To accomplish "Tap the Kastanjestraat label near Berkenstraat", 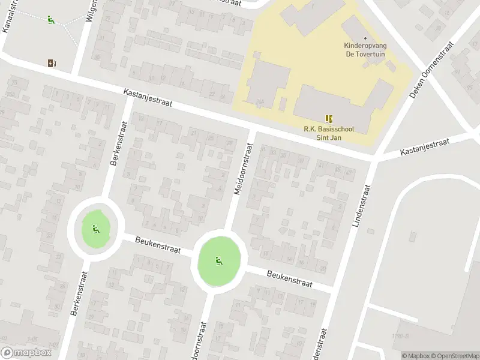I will coord(148,98).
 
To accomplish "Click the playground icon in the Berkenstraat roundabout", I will coord(95,228).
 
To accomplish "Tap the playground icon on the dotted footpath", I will coord(51,19).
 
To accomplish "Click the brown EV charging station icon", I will coord(52,62).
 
